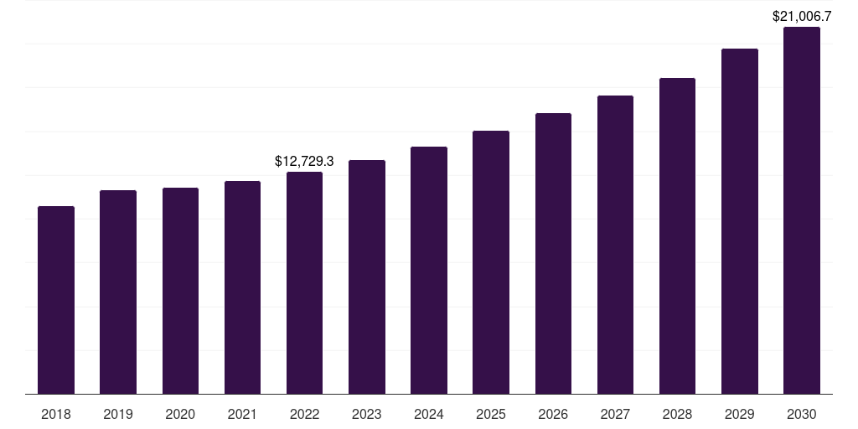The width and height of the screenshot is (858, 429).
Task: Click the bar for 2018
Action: pyautogui.click(x=56, y=300)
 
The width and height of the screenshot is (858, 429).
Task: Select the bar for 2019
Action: pyautogui.click(x=118, y=292)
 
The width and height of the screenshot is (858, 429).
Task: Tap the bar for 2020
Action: pyautogui.click(x=180, y=291)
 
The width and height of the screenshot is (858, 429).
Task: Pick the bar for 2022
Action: pyautogui.click(x=304, y=282)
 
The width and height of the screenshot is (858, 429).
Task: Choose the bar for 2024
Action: pyautogui.click(x=429, y=270)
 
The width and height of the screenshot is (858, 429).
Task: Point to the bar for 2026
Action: pyautogui.click(x=553, y=253)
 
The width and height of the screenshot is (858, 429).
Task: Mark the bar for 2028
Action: pyautogui.click(x=677, y=235)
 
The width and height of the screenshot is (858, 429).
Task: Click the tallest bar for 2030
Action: pyautogui.click(x=802, y=210)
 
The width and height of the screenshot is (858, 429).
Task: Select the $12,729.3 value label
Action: pyautogui.click(x=304, y=161)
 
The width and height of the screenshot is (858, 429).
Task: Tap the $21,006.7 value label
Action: pyautogui.click(x=802, y=16)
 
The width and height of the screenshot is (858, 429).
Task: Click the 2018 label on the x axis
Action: pyautogui.click(x=56, y=414)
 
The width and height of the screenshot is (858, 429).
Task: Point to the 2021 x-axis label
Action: pyautogui.click(x=242, y=414)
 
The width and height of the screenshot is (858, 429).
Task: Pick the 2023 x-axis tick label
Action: pyautogui.click(x=366, y=414)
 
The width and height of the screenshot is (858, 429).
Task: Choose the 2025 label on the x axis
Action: pyautogui.click(x=491, y=414)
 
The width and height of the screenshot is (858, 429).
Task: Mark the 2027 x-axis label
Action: pyautogui.click(x=615, y=414)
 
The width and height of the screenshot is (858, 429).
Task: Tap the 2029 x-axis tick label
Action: pyautogui.click(x=739, y=414)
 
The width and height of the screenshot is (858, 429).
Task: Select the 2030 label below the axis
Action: pyautogui.click(x=802, y=414)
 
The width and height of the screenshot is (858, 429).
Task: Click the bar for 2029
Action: pyautogui.click(x=739, y=221)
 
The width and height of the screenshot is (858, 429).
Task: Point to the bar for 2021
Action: pyautogui.click(x=242, y=287)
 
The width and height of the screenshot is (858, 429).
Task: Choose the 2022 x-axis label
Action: pyautogui.click(x=304, y=414)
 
